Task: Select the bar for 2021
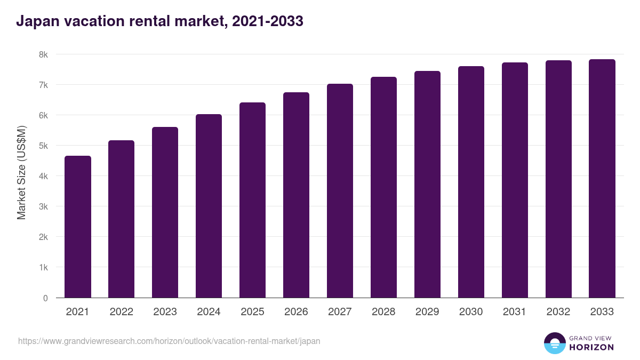pos(78,227)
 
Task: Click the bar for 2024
pos(209,206)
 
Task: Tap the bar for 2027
pos(340,191)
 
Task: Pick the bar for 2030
pos(471,182)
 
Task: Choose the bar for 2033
pos(602,179)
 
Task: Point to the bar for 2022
pos(122,219)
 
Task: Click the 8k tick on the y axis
pos(43,54)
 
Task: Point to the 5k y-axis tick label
pos(43,146)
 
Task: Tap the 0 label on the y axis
pos(45,298)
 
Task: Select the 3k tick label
pos(43,206)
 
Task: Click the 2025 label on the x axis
pos(252,312)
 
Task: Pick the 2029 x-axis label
pos(427,312)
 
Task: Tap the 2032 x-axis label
pos(558,312)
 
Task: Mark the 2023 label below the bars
pos(165,312)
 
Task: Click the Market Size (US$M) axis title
pos(21,173)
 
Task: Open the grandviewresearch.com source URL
pos(169,341)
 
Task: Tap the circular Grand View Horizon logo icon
pos(555,343)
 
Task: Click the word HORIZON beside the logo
pos(591,347)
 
